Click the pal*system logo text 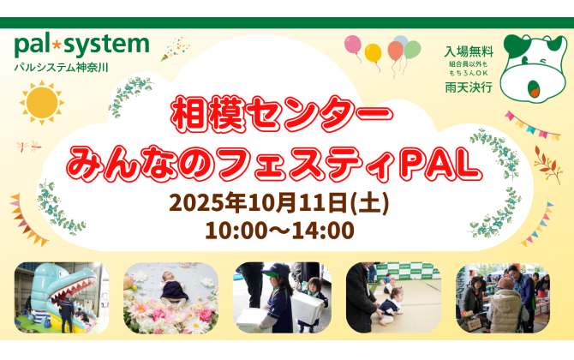point(82,45)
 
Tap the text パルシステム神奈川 point(61,68)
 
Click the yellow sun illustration point(42,103)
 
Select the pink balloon point(353,45)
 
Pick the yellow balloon point(373,53)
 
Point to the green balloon point(413,50)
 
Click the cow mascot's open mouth point(533,88)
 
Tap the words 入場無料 point(469,51)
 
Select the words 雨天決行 point(469,87)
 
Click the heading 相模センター point(282,114)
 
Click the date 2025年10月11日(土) point(279,202)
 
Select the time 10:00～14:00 point(279,231)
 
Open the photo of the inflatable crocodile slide point(62,297)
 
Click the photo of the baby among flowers point(170,297)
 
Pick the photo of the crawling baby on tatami point(393,297)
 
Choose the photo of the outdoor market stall point(503,297)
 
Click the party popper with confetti point(175,49)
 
